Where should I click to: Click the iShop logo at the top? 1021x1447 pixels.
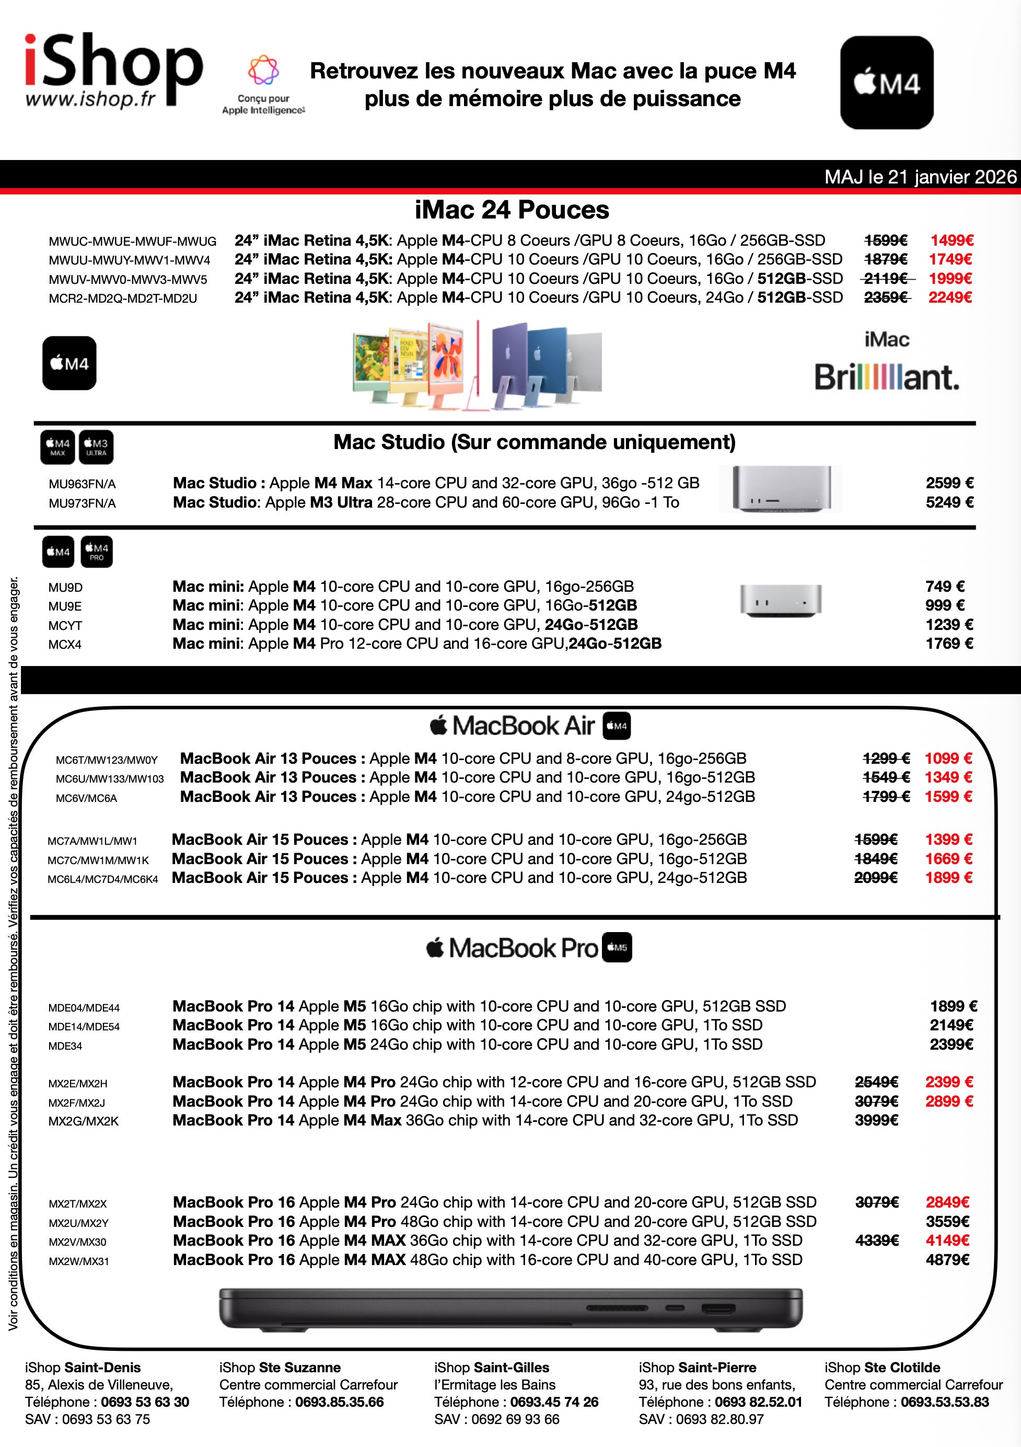tap(113, 70)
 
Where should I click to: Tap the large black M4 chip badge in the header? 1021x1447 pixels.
tap(886, 83)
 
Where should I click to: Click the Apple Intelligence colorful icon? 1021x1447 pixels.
tap(263, 70)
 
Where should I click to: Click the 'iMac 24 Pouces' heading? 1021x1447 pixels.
tap(512, 210)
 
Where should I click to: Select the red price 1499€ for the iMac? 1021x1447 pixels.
tap(952, 240)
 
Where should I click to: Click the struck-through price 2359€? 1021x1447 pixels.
tap(886, 297)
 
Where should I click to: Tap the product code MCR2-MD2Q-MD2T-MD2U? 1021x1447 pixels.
tap(123, 298)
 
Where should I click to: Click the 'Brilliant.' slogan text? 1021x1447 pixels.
tap(886, 377)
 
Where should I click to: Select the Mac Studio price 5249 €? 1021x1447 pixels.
tap(949, 502)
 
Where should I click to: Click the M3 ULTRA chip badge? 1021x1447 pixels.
tap(96, 447)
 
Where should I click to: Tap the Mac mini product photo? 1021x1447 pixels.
tap(781, 600)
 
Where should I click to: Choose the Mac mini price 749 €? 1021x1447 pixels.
tap(945, 586)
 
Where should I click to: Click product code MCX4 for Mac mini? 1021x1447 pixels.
tap(65, 644)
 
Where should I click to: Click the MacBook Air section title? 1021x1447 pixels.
tap(523, 726)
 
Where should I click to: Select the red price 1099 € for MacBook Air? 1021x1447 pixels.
tap(948, 758)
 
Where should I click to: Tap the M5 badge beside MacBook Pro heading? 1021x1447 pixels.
tap(617, 947)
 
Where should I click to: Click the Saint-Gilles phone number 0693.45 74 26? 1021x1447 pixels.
tap(554, 1402)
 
